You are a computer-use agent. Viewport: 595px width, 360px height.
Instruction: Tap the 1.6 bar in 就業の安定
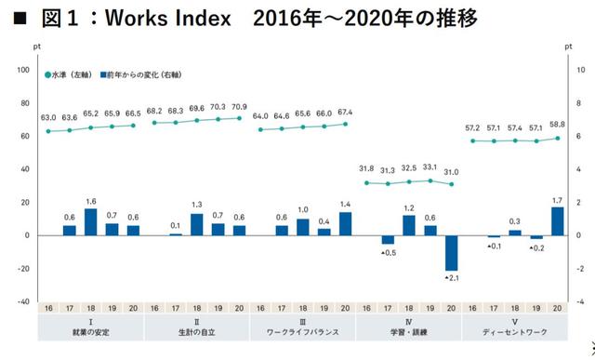[x=91, y=221]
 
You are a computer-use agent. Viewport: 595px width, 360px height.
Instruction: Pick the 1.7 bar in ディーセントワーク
[x=557, y=220]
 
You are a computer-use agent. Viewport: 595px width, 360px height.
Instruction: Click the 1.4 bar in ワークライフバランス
[x=345, y=223]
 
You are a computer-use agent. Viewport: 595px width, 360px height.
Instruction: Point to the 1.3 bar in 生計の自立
[x=197, y=224]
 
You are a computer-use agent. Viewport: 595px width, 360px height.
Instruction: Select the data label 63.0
[x=48, y=118]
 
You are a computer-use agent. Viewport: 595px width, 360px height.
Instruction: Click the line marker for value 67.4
[x=345, y=124]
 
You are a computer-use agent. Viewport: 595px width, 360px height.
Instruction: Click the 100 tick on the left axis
[x=24, y=70]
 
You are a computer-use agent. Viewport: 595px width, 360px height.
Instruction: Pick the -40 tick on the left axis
[x=23, y=301]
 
